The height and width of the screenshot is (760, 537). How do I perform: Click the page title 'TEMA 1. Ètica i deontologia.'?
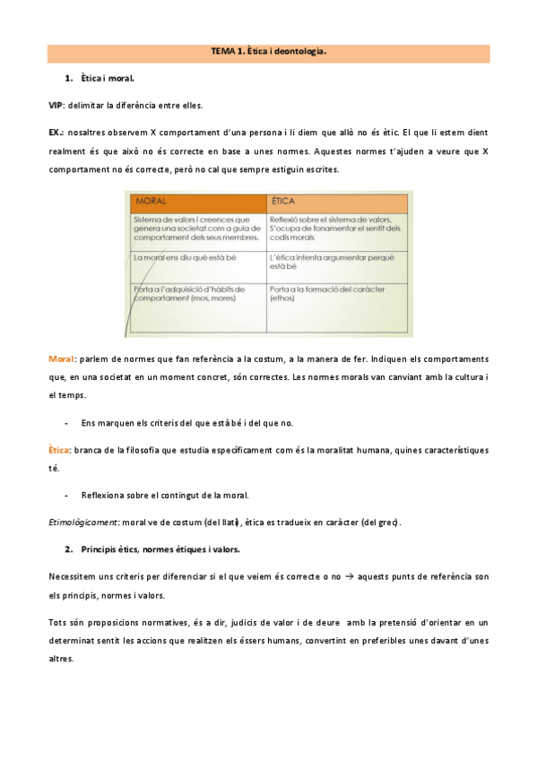click(268, 53)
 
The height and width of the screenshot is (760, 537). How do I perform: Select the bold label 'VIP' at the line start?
click(56, 106)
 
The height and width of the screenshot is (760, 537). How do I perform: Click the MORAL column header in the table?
click(150, 201)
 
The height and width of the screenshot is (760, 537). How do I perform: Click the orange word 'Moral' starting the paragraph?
click(62, 359)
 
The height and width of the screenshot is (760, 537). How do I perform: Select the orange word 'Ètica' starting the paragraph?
click(60, 449)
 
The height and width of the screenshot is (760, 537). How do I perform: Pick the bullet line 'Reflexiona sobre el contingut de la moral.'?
click(164, 495)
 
